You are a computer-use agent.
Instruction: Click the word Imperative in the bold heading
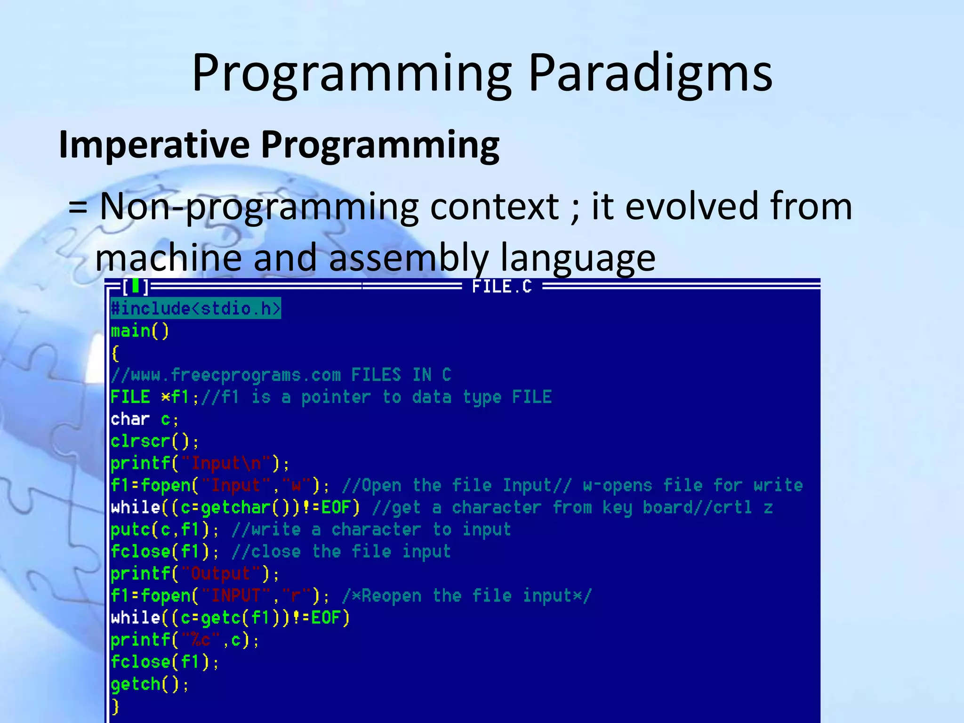coord(154,145)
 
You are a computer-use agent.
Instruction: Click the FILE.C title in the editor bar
coord(502,287)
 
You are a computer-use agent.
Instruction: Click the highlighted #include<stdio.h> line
coord(195,308)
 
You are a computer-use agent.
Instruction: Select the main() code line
coord(140,331)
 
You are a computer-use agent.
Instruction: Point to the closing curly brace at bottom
coord(115,707)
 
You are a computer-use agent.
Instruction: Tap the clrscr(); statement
coord(154,442)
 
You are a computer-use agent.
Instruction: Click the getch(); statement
coord(149,684)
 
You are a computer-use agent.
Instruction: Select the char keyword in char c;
coord(130,419)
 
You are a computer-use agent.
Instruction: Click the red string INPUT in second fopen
coord(236,596)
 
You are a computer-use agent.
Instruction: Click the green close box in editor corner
coord(136,286)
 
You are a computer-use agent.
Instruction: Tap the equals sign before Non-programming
coord(78,207)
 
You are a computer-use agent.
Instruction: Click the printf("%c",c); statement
coord(184,640)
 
